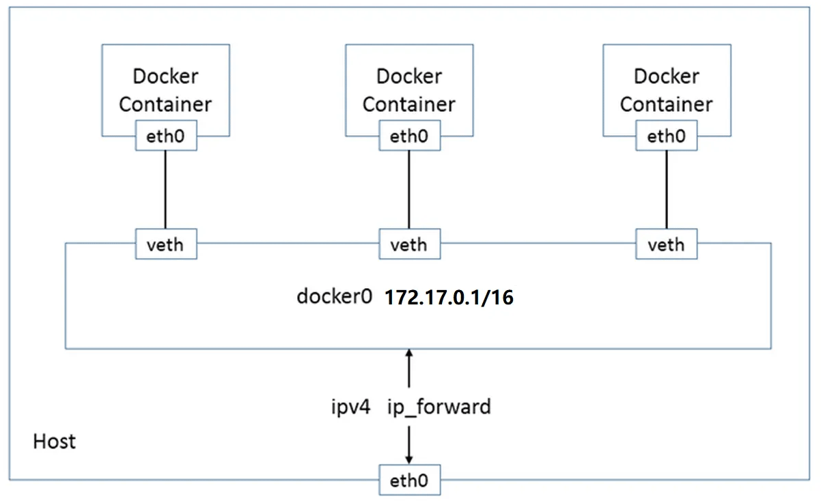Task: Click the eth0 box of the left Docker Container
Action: [165, 137]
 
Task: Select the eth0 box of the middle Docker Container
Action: [409, 137]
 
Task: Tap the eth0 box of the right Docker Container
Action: [666, 137]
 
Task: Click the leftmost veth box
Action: [165, 244]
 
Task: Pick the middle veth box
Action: [409, 244]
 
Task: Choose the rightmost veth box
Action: [666, 244]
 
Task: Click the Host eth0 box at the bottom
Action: [409, 481]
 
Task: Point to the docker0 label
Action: [334, 298]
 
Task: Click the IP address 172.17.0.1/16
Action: [448, 298]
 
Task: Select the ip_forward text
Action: [439, 407]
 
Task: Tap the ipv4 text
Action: [350, 407]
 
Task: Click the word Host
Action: [55, 442]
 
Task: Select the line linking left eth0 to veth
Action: [165, 190]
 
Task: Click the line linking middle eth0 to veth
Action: [409, 190]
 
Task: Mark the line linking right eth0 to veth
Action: [666, 190]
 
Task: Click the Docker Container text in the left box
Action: [165, 90]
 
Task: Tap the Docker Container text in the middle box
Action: [409, 90]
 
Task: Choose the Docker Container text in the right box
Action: [666, 90]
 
